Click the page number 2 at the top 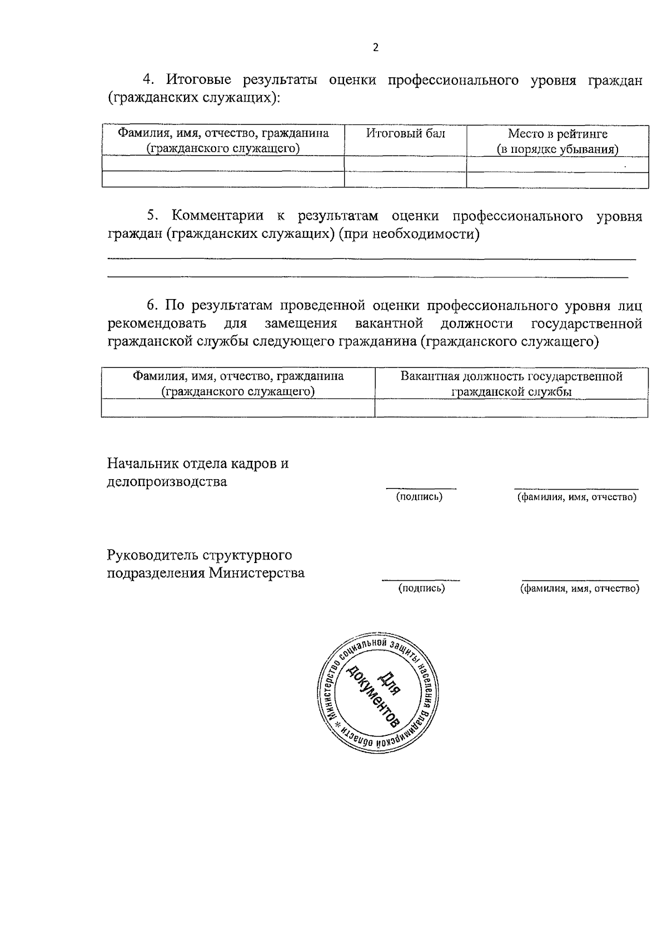[375, 48]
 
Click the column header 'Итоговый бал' [405, 133]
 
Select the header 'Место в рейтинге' [558, 134]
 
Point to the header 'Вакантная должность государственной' [511, 376]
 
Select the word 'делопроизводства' [167, 481]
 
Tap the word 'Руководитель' [151, 555]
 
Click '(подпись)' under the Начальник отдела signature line [419, 497]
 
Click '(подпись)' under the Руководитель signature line [421, 589]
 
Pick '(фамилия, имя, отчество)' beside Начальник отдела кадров [576, 497]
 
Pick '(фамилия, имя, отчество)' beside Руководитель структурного [579, 589]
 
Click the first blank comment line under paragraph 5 [371, 259]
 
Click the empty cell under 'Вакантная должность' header [511, 409]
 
